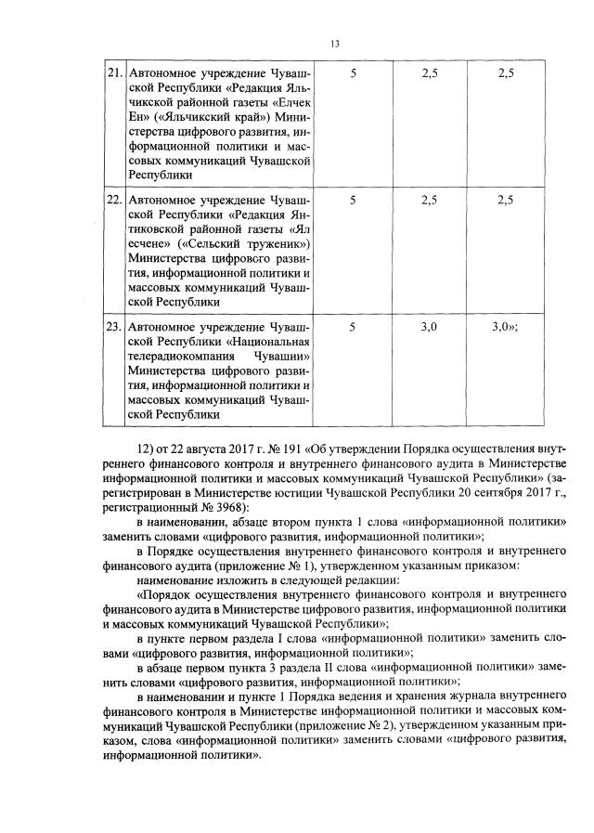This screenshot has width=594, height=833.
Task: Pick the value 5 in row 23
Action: tap(353, 327)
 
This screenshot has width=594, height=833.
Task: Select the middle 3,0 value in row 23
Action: tap(429, 327)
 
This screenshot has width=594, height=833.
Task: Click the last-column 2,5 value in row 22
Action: tap(506, 200)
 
